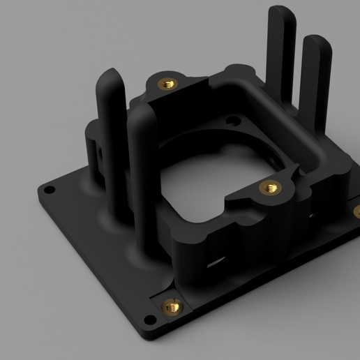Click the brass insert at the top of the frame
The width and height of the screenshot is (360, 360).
tap(167, 84)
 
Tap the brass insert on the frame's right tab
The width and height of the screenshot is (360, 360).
tap(270, 188)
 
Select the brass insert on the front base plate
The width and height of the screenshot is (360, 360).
tap(172, 305)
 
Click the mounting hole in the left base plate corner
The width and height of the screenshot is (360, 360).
tap(50, 190)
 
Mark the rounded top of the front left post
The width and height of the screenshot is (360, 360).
tap(142, 110)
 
